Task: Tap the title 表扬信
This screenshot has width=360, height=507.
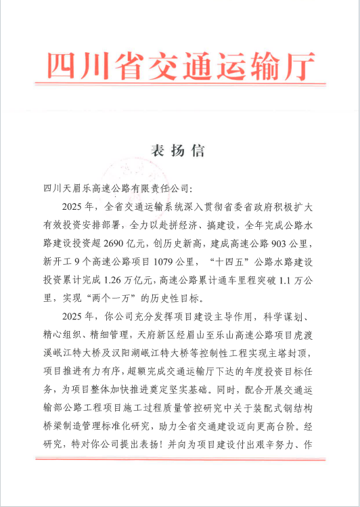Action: pos(179,150)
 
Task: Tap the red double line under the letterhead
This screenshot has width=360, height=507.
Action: pos(181,84)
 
